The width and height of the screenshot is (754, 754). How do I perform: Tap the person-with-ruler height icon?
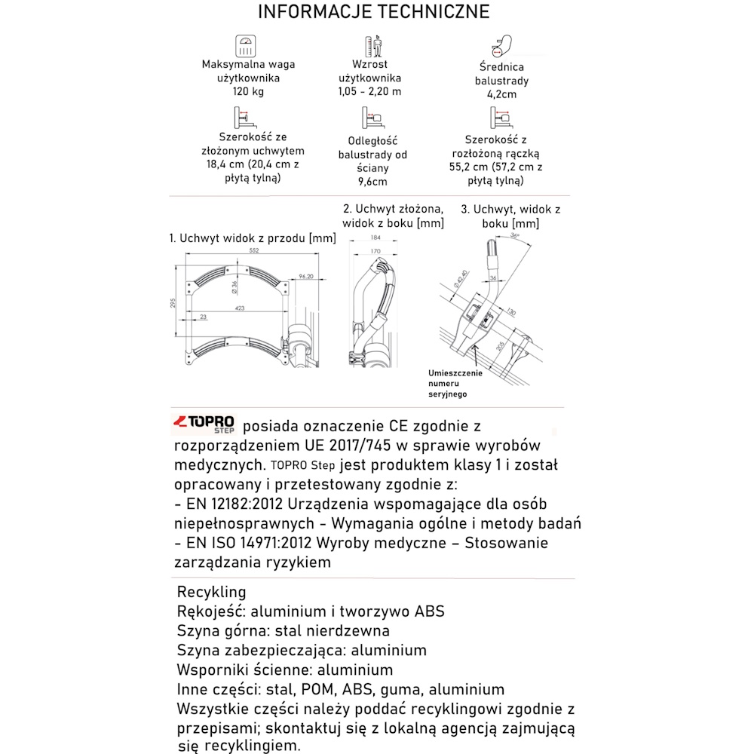coord(375,48)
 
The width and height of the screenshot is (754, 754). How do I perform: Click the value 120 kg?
coord(248,92)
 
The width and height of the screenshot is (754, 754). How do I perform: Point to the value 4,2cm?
coord(501,95)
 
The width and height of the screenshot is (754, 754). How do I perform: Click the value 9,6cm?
coord(372,182)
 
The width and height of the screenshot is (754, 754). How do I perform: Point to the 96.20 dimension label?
coord(305,276)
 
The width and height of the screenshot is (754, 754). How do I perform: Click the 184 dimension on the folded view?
coord(376,238)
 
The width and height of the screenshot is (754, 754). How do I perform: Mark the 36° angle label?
coord(515,235)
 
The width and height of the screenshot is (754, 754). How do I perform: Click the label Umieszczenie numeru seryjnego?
coord(455,383)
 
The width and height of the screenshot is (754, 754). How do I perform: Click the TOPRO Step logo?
coord(204,425)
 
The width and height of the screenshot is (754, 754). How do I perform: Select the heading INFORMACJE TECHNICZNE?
coord(373,12)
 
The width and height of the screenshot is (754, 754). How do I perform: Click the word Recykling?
coord(211,592)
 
